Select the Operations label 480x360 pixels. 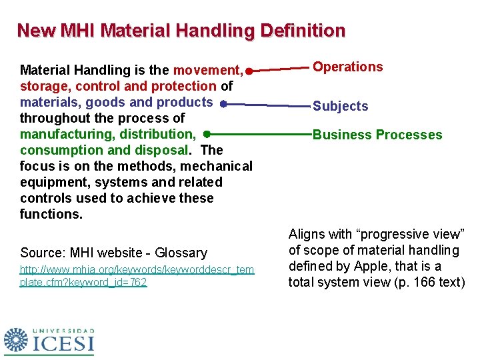coord(348,67)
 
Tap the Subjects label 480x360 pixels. coord(340,106)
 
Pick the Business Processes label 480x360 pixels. coord(377,135)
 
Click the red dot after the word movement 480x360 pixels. coord(247,71)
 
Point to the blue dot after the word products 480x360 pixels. coord(223,103)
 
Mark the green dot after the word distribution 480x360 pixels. coord(207,135)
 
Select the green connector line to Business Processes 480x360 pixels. coord(260,135)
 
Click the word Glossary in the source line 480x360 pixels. coord(181,253)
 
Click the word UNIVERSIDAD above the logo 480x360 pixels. coord(64,331)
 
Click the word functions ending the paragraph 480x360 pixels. coord(50,214)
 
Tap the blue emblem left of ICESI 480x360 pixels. coord(17,340)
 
